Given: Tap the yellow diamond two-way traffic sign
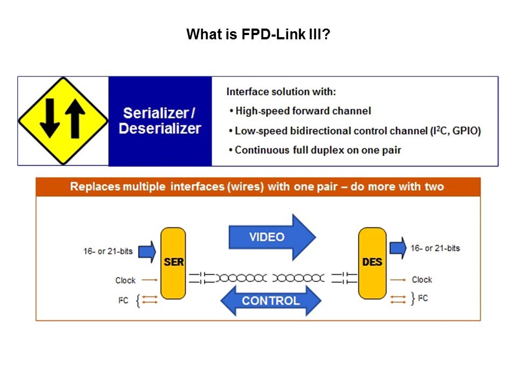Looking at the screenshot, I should click(63, 121).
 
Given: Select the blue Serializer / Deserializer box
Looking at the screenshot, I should click(160, 121).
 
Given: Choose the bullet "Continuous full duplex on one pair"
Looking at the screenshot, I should click(317, 150).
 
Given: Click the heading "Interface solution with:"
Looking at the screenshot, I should click(281, 92).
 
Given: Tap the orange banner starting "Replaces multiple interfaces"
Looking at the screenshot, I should click(257, 187).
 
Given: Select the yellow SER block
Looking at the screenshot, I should click(173, 263).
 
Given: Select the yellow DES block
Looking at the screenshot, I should click(372, 263).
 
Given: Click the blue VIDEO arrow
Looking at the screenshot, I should click(272, 237).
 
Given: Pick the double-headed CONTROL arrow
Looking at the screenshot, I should click(270, 301).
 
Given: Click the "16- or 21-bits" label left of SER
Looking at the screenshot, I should click(108, 252).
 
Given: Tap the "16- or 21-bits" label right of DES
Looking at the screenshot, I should click(435, 248).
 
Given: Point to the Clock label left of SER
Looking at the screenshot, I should click(125, 280).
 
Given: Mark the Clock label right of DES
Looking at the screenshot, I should click(422, 280).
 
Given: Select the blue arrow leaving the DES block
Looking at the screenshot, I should click(398, 248).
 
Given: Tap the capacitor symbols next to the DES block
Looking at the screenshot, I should click(344, 278).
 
